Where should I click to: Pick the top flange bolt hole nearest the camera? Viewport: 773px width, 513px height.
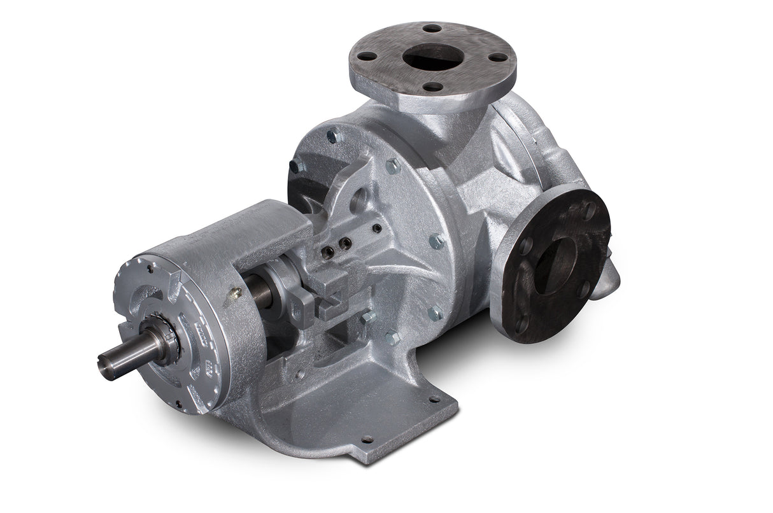click(432, 86)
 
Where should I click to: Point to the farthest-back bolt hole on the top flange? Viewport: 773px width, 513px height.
click(432, 28)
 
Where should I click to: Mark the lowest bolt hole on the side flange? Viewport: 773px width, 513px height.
click(521, 325)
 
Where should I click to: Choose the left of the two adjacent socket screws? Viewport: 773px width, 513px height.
click(329, 252)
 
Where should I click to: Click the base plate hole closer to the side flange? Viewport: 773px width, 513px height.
click(435, 399)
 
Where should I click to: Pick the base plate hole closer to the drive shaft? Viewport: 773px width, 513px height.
click(366, 439)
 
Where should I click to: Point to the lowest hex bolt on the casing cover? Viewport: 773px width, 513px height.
click(392, 338)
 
